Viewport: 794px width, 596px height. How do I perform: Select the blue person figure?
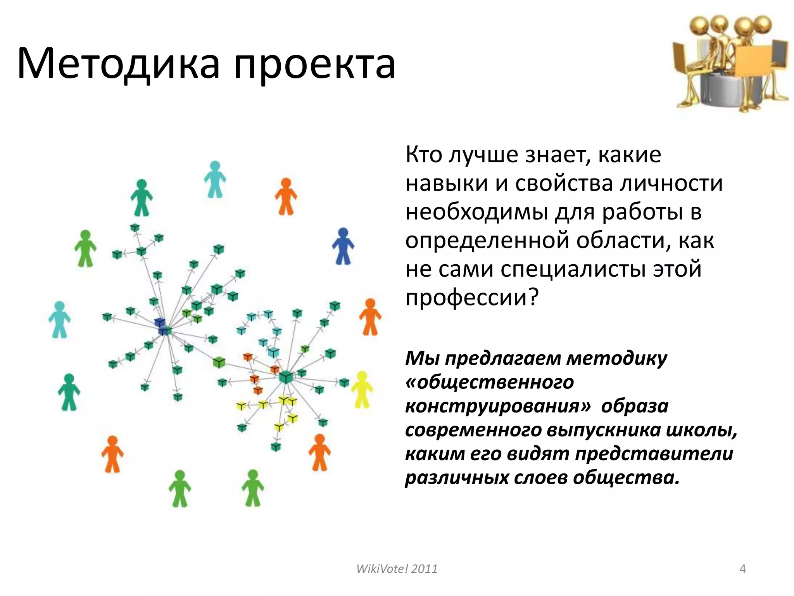point(343,246)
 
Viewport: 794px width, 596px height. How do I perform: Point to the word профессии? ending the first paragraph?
point(472,298)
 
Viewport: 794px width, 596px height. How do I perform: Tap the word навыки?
point(447,183)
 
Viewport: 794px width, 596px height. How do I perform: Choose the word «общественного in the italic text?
point(489,382)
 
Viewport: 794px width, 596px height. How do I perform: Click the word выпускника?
point(603,430)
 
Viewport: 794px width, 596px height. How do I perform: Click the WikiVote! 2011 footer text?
point(397,569)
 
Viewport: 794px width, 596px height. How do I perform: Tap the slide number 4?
point(743,569)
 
